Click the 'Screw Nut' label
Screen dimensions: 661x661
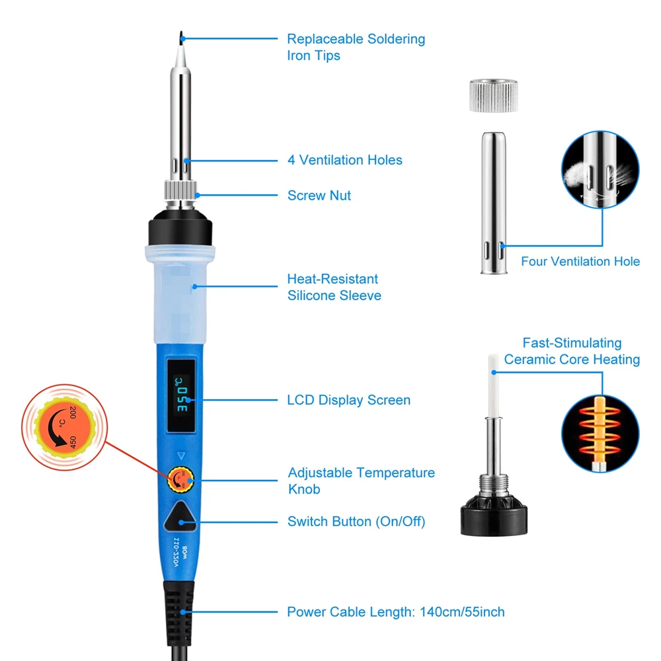[x=319, y=196]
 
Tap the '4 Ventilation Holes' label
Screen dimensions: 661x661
[x=345, y=160]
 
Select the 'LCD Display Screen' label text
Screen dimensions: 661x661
[x=348, y=400]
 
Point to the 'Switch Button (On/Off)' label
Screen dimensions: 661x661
[x=356, y=522]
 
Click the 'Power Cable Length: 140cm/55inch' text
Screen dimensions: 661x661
[x=396, y=611]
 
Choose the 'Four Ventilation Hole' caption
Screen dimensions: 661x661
[x=580, y=261]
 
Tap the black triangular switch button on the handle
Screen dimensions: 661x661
[x=180, y=517]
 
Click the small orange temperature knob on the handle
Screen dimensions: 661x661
[x=180, y=479]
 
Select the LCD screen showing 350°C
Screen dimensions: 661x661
[x=181, y=396]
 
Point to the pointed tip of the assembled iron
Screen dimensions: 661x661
[x=181, y=33]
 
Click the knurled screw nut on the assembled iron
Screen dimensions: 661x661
[x=180, y=190]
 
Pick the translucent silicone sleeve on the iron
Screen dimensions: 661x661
[x=180, y=294]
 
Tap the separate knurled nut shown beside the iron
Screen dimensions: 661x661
[x=494, y=95]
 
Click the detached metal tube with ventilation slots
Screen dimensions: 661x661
[x=494, y=203]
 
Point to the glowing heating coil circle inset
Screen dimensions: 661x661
[x=600, y=434]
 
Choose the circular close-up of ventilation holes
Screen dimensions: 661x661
[x=600, y=169]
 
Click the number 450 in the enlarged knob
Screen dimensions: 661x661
[x=73, y=442]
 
